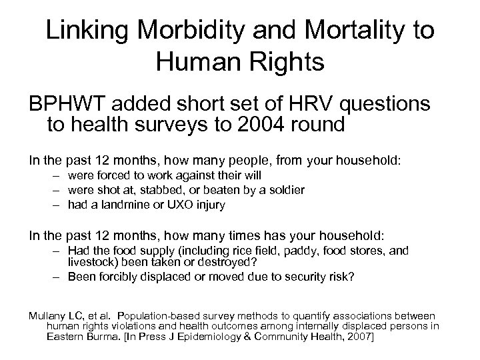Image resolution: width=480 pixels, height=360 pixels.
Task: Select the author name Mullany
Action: click(x=46, y=315)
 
